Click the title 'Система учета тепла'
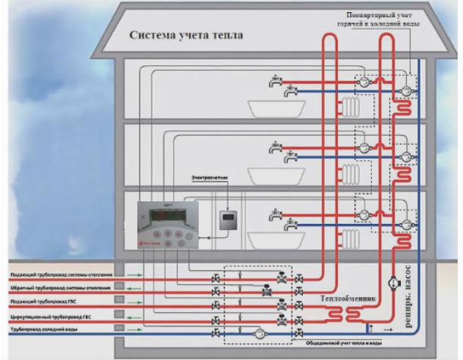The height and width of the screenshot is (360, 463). coord(185,35)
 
